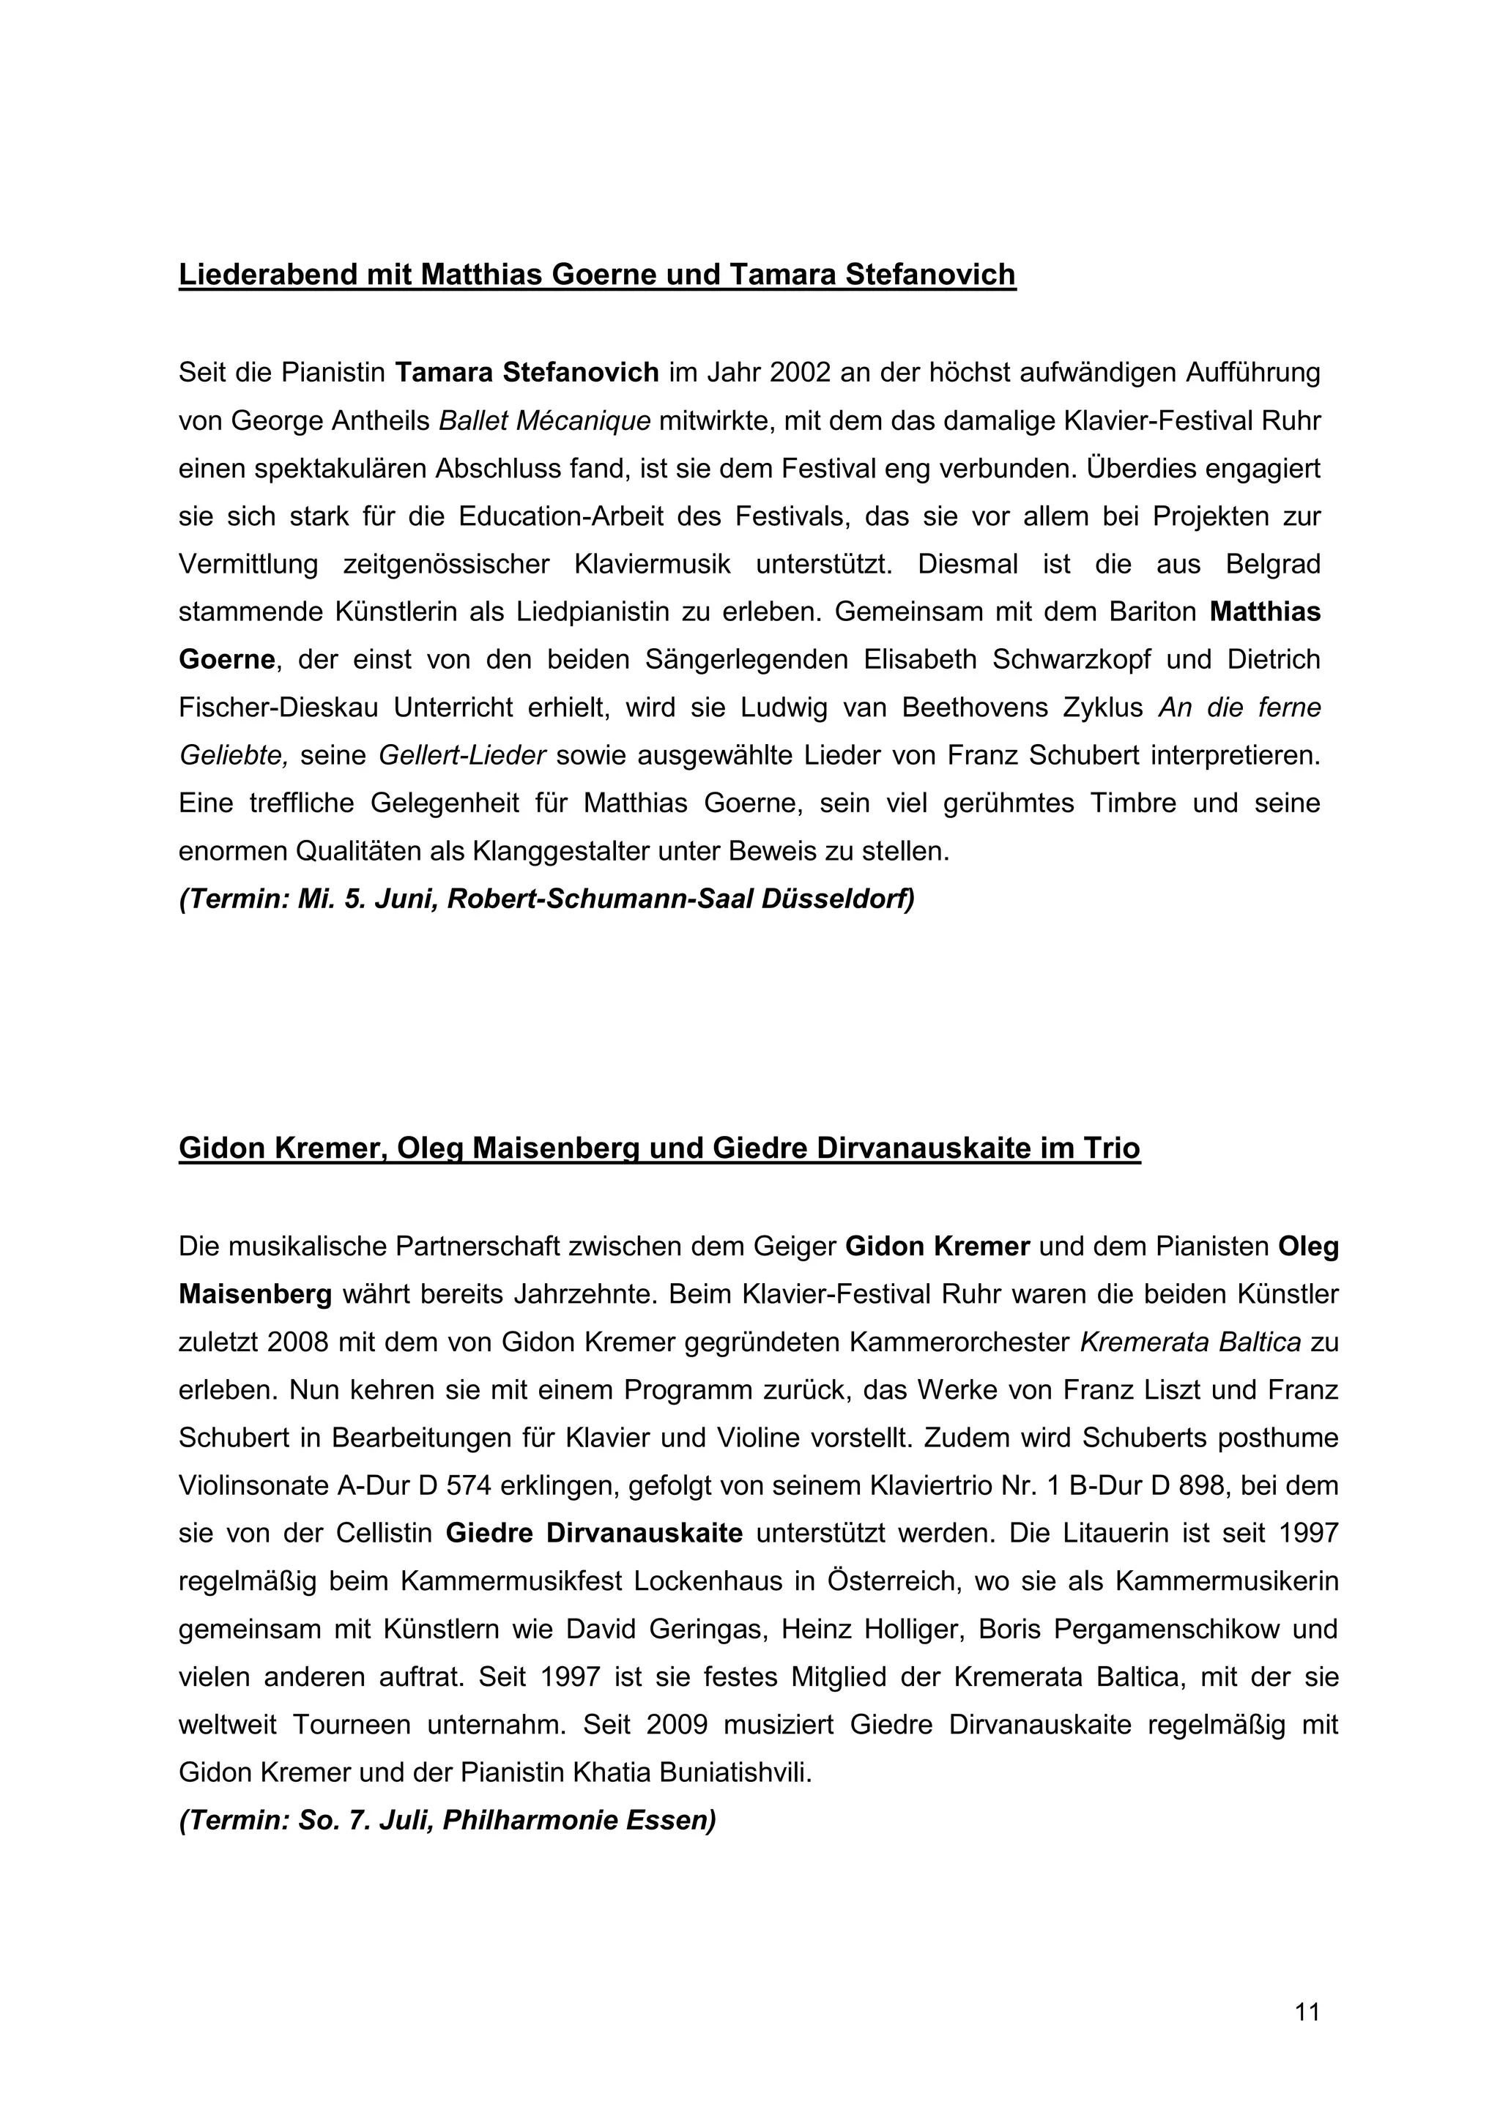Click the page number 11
coord(1307,2011)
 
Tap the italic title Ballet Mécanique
coord(545,420)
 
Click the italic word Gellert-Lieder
coord(462,756)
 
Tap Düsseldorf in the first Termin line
coord(838,899)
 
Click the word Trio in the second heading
coord(1113,1148)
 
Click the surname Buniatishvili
coord(735,1772)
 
